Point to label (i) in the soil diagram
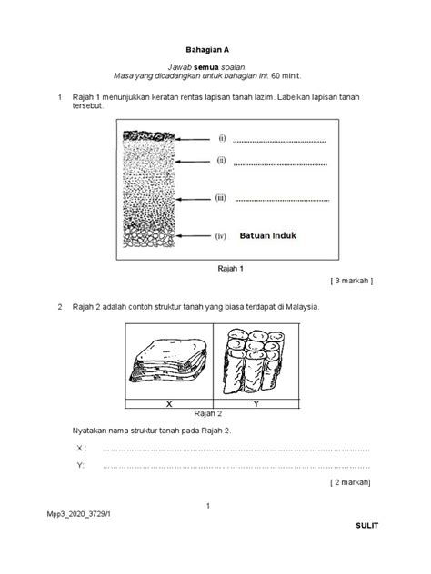[221, 139]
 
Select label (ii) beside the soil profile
[221, 161]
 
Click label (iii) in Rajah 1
[221, 197]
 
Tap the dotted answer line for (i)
[281, 141]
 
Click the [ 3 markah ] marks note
[352, 282]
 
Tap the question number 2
[60, 307]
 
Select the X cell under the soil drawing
[169, 402]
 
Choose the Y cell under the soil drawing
[256, 402]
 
